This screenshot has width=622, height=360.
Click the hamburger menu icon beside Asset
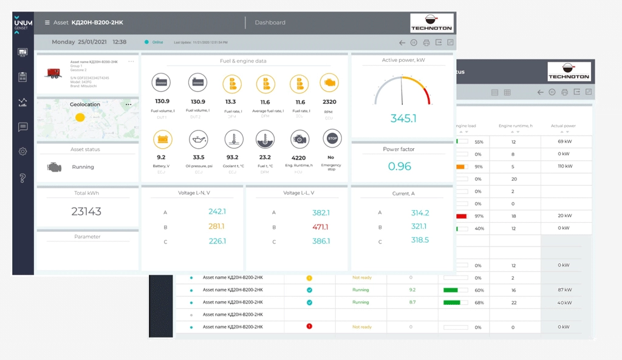[47, 22]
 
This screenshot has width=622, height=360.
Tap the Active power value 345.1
[403, 118]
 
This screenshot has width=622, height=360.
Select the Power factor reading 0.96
[399, 166]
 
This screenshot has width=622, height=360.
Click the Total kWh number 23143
[86, 211]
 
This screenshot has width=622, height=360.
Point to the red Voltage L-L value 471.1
[320, 227]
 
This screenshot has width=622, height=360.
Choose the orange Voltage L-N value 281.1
[216, 226]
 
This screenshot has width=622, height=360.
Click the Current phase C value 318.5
[420, 240]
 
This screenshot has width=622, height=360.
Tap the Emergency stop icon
[332, 139]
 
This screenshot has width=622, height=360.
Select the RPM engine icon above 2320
[329, 83]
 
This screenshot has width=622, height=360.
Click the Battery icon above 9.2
[163, 139]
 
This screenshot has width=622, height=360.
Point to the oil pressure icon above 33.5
[199, 139]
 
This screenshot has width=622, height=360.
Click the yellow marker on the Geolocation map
[80, 117]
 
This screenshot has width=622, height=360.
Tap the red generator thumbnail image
[53, 73]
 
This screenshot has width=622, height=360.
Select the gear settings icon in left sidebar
[23, 151]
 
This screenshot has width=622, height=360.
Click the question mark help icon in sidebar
[23, 178]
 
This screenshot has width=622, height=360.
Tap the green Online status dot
[146, 42]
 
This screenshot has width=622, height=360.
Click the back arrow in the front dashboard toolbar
[402, 42]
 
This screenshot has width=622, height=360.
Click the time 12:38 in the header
[120, 42]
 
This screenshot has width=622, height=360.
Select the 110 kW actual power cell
[566, 166]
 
